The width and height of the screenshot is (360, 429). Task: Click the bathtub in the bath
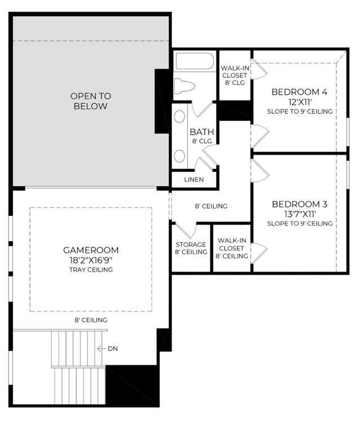(195, 61)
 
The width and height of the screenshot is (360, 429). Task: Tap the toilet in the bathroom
(185, 86)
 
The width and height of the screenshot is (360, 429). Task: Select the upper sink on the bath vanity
(179, 116)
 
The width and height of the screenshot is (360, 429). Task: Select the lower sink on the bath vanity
(179, 156)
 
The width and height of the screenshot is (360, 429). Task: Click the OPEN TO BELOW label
(91, 101)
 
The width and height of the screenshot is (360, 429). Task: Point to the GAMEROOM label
(91, 250)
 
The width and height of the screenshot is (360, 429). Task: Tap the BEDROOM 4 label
(299, 92)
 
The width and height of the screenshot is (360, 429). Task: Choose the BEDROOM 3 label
(300, 204)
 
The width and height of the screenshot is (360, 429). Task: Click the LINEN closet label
(194, 180)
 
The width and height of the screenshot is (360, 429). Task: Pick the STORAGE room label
(191, 245)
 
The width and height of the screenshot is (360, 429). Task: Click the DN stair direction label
(113, 348)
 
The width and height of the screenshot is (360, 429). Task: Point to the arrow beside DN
(101, 348)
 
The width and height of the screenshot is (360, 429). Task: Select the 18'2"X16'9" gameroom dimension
(91, 260)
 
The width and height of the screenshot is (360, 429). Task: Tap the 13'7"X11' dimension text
(300, 214)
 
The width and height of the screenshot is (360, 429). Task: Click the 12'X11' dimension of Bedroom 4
(300, 102)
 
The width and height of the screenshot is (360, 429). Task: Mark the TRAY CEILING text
(91, 270)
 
